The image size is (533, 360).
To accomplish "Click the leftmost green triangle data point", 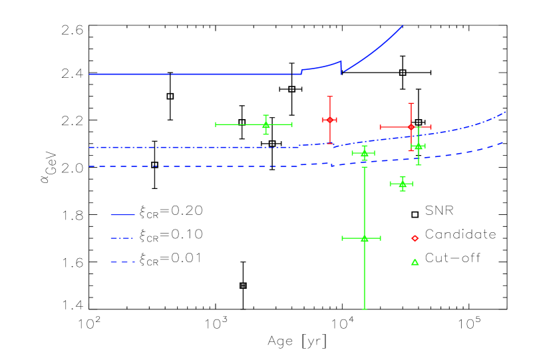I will tap(266, 124).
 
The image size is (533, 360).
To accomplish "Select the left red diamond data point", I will tap(329, 120).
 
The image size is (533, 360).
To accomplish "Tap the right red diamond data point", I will tap(411, 126).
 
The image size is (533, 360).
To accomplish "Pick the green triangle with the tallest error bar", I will tap(364, 238).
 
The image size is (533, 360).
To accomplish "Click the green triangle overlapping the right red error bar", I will tap(418, 146).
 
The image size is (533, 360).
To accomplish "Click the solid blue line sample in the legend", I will tap(122, 215).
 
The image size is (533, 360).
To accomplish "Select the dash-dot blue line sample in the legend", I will tap(122, 238).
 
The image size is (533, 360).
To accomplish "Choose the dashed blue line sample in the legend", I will tap(122, 262).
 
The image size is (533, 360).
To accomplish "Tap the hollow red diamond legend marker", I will tap(415, 238).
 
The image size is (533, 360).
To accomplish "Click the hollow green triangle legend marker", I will tap(415, 262).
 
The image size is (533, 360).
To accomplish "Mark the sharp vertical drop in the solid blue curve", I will tap(341, 67).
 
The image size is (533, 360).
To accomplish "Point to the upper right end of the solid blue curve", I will tap(403, 26).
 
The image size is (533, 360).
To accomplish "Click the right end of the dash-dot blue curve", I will tap(506, 112).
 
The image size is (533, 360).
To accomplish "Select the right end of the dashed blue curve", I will tap(502, 142).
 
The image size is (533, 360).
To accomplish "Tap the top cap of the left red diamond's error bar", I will tap(329, 96).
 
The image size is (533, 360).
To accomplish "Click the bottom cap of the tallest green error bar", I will tap(364, 309).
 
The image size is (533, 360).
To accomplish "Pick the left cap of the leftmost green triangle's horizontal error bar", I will tap(216, 124).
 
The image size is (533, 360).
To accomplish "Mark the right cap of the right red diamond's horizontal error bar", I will tap(431, 126).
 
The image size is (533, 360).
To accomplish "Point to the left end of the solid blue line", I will tap(90, 74).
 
